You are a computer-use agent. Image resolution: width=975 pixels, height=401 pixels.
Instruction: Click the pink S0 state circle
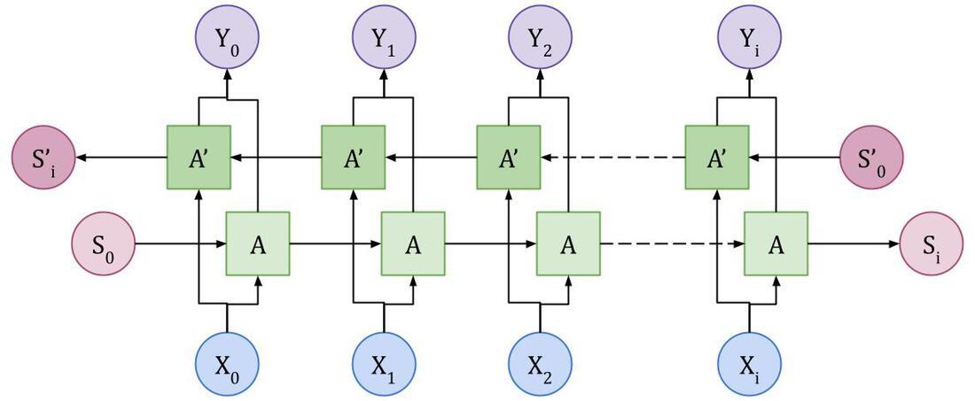104,243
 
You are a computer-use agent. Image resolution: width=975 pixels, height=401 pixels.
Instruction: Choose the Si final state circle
932,243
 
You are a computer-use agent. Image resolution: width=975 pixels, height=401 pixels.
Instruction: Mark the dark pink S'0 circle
871,157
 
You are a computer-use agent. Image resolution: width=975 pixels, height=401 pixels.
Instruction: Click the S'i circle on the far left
43,157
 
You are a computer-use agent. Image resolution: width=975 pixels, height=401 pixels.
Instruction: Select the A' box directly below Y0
199,157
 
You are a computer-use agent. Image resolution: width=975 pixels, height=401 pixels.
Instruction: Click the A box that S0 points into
258,243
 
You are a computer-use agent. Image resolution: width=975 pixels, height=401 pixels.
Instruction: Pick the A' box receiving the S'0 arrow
717,157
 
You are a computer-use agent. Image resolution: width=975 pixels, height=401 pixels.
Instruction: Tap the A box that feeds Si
776,243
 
